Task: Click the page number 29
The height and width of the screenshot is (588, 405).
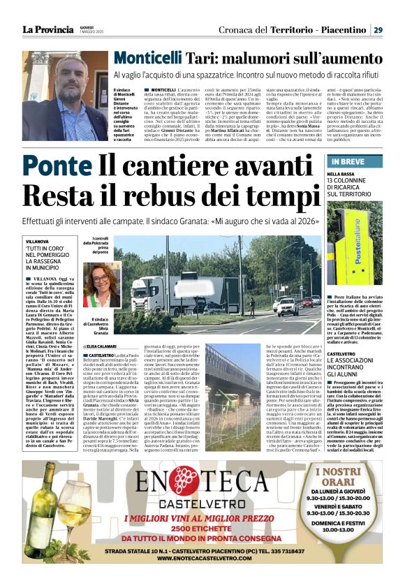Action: [378, 29]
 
